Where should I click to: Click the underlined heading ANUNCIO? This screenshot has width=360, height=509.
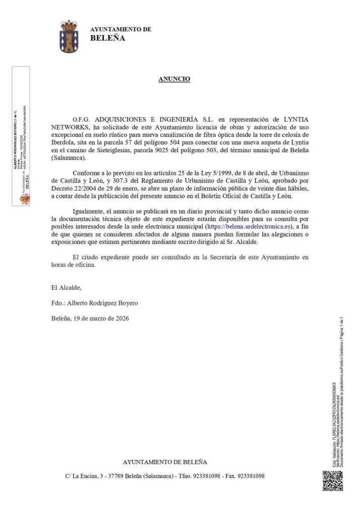click(x=174, y=79)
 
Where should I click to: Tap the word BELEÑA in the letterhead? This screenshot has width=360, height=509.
click(x=107, y=38)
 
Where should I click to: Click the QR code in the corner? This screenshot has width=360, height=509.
click(x=333, y=480)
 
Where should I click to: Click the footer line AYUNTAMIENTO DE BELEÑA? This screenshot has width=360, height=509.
click(x=165, y=462)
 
